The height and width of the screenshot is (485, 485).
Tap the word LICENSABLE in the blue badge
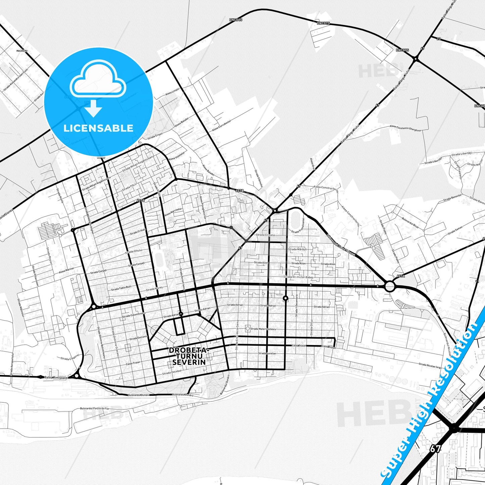98,128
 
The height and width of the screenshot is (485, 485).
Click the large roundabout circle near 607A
389,286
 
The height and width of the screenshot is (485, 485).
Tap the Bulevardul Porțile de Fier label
95,408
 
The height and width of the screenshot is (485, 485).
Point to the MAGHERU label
21,51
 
